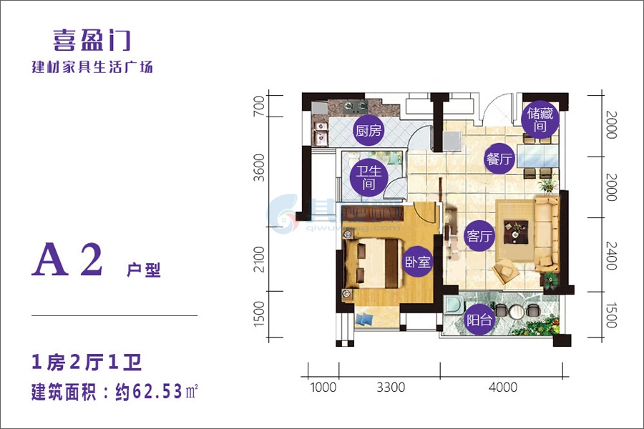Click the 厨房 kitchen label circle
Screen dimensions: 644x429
(x=369, y=131)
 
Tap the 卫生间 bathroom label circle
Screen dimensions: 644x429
(x=369, y=177)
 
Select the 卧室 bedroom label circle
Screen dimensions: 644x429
(x=417, y=261)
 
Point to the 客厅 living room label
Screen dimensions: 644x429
(x=479, y=236)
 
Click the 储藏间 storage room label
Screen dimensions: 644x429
(x=540, y=119)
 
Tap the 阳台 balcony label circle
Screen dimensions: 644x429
(x=479, y=320)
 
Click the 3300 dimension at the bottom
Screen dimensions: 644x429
(x=391, y=387)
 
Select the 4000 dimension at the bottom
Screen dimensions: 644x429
(x=503, y=387)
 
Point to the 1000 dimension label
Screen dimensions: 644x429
(x=323, y=387)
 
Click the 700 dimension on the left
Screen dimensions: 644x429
(x=259, y=106)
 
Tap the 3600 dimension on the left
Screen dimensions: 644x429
(x=259, y=167)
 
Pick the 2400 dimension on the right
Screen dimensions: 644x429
(x=612, y=255)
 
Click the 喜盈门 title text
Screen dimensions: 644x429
(x=92, y=41)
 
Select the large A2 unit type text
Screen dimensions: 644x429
(x=67, y=260)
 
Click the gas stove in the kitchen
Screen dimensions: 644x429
(x=355, y=107)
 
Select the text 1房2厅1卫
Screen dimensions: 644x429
(x=87, y=363)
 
